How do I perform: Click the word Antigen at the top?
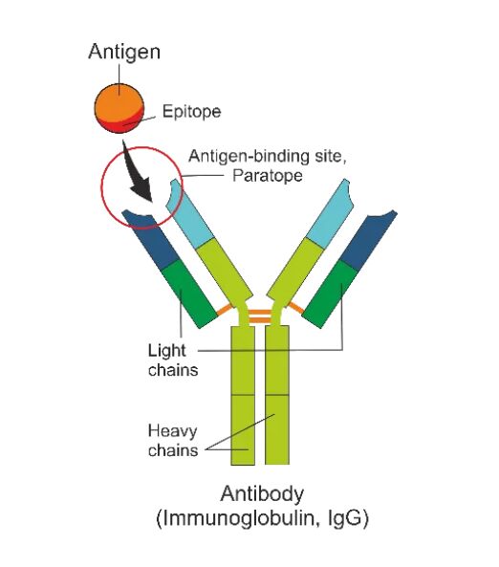pos(124,52)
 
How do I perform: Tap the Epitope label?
pos(191,111)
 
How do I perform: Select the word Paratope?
pos(268,176)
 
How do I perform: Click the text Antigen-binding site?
pos(268,156)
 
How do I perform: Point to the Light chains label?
pos(173,360)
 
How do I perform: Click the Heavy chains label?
pos(173,441)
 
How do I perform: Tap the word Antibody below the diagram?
pos(262,494)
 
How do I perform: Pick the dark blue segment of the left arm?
pos(152,239)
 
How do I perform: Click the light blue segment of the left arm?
pos(189,214)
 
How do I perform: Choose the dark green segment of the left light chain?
pos(188,294)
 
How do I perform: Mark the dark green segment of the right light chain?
pos(330,294)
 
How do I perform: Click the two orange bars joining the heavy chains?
pos(260,316)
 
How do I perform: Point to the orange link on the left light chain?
pos(225,310)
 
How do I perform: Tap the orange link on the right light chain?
pos(295,308)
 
